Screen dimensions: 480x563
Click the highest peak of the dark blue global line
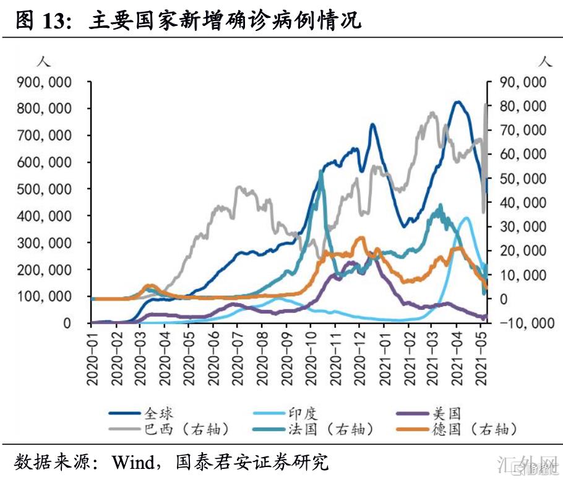(458, 102)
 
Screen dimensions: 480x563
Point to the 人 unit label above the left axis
(43, 62)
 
